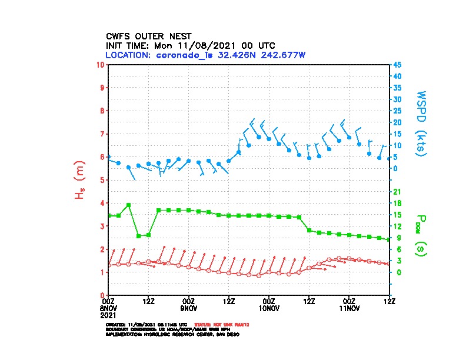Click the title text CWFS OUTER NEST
148,35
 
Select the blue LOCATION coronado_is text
205,55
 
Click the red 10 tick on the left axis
101,64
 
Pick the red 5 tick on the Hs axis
102,180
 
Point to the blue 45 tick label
398,64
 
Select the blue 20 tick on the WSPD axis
398,122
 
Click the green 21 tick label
397,192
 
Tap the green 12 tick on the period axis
397,226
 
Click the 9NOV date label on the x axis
188,308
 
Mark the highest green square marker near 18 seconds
128,205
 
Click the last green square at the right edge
389,239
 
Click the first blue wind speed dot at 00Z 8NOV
109,157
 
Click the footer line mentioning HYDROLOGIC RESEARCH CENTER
172,334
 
